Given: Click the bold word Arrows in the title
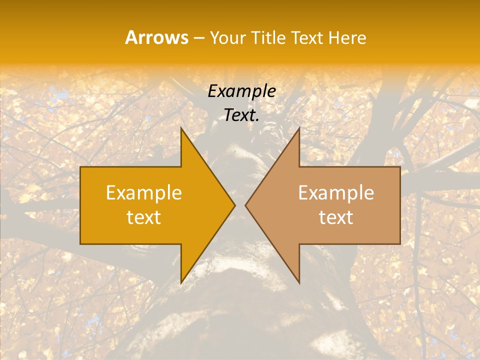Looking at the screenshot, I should (157, 37).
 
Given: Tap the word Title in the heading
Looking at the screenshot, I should (270, 37).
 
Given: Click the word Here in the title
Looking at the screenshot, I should (347, 37).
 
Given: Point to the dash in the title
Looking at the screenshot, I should (198, 38).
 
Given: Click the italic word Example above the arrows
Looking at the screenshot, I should (242, 91).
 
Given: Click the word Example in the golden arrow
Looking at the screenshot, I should (144, 192).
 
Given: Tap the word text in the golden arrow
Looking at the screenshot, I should (144, 217).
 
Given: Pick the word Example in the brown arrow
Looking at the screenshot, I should (336, 192).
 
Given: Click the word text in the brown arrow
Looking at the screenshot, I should (336, 217).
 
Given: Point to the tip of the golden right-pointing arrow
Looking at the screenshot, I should (235, 205).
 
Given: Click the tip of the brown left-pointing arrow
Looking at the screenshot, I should (245, 205).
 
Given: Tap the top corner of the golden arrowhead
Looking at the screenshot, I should (181, 128).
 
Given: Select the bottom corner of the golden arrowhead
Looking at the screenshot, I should (181, 283).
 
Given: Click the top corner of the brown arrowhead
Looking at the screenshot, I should (299, 128).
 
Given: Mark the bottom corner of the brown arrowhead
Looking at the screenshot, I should (299, 283).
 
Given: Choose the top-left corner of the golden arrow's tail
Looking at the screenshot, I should (80, 167).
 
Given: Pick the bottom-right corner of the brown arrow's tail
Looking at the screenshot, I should (400, 243).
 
